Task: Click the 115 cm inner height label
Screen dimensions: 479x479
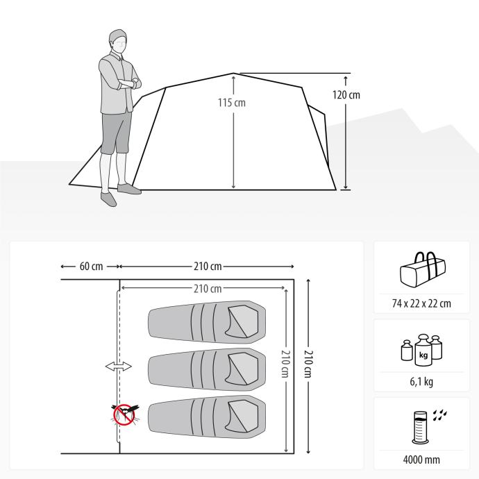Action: click(232, 103)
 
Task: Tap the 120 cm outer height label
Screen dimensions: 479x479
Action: click(346, 95)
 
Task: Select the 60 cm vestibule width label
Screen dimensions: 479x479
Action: click(91, 267)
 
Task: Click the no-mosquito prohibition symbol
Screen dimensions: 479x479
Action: click(125, 414)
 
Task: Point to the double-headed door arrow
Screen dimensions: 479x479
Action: click(119, 367)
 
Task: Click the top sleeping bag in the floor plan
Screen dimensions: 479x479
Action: click(207, 322)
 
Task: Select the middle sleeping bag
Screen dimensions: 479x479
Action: click(207, 369)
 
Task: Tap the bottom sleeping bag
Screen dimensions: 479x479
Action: click(207, 417)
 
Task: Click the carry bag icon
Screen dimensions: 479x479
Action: click(423, 269)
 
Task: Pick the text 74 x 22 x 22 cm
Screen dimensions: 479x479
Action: click(421, 303)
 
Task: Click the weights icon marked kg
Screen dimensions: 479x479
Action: click(421, 350)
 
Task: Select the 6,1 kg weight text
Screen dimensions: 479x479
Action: click(421, 382)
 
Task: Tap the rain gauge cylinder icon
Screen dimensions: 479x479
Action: click(421, 428)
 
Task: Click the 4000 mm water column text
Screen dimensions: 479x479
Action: click(421, 460)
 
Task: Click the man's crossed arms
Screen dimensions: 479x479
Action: click(129, 83)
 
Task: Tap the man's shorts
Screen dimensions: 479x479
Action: click(116, 133)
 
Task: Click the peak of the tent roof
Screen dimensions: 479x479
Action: click(233, 74)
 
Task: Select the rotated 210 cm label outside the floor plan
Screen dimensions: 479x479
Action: click(308, 364)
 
